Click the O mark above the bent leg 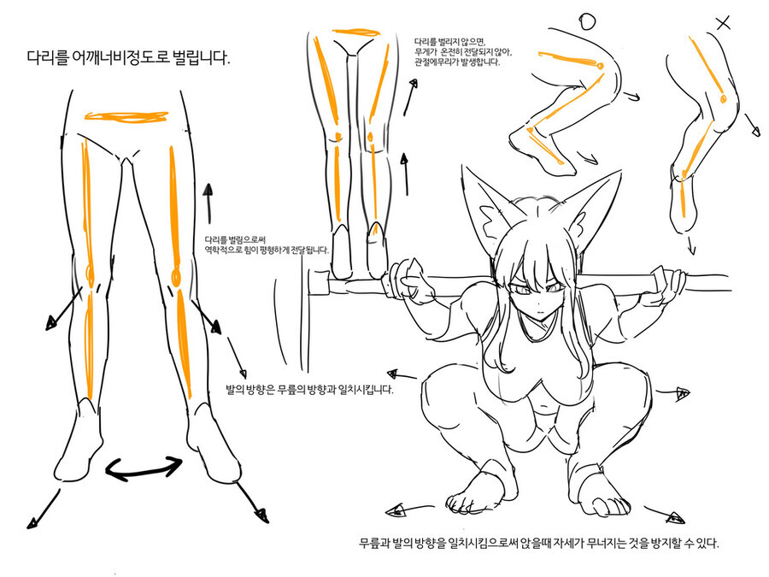click(x=587, y=21)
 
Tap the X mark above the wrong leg click(x=724, y=22)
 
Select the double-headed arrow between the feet click(x=144, y=467)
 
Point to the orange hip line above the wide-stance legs click(x=126, y=116)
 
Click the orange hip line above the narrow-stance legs click(x=356, y=32)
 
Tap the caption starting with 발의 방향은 click(x=309, y=390)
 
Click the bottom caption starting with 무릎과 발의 click(x=539, y=543)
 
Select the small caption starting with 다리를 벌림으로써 click(x=267, y=244)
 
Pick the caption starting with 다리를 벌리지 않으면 click(x=463, y=52)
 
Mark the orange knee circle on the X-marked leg click(x=722, y=98)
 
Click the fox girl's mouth click(x=538, y=312)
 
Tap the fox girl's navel click(x=542, y=407)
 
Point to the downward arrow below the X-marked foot click(x=691, y=245)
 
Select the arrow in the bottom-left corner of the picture click(x=44, y=509)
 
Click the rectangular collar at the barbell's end click(x=318, y=283)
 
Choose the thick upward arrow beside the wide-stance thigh click(x=208, y=203)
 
